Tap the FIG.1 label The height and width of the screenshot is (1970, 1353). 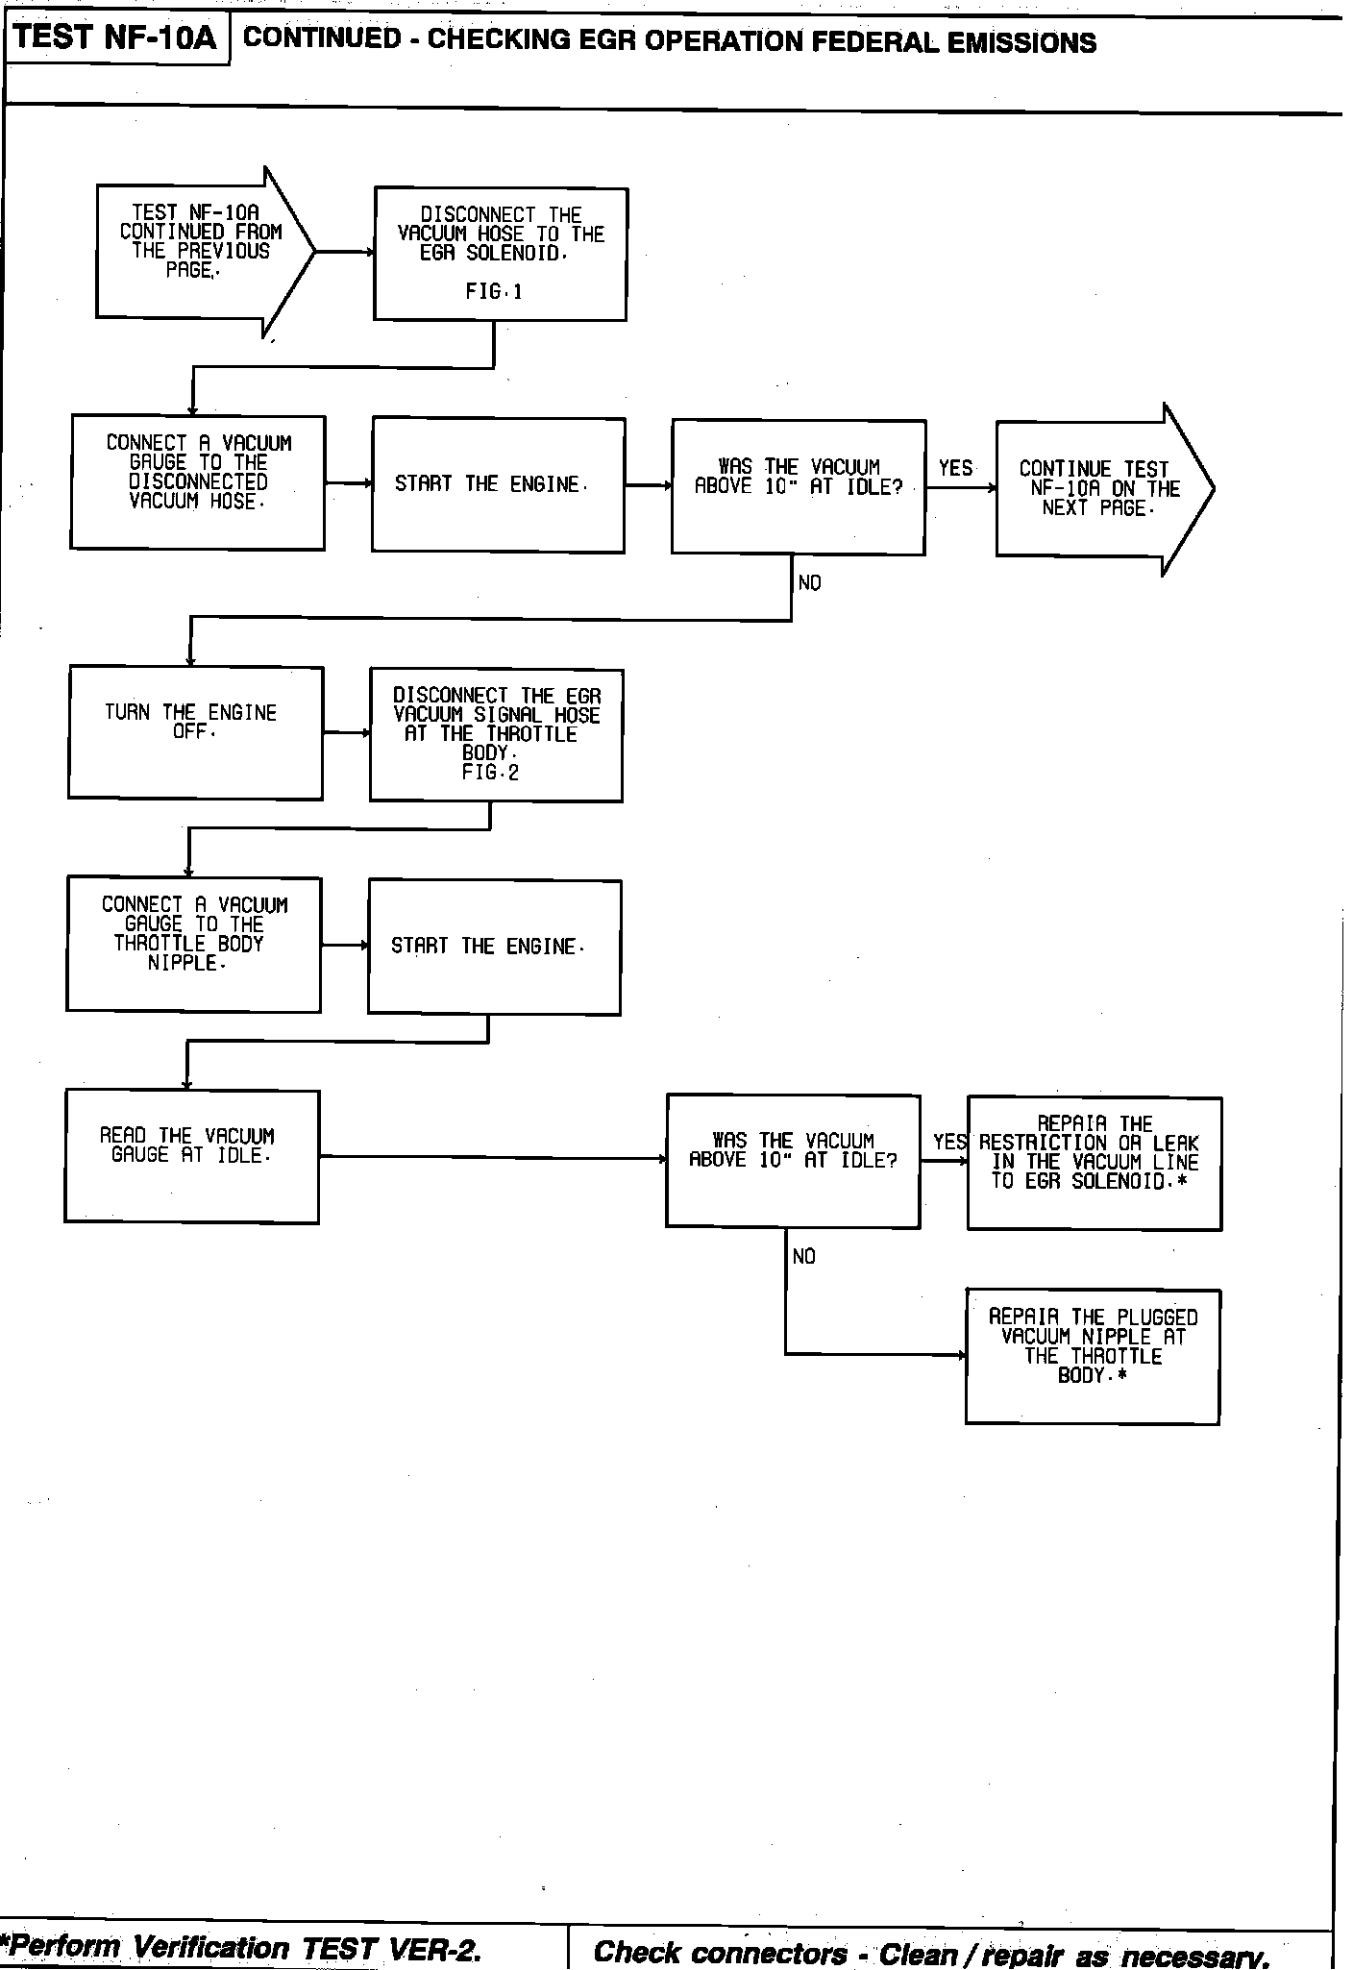(x=494, y=292)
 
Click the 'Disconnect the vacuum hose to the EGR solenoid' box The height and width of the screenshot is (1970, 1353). (x=500, y=254)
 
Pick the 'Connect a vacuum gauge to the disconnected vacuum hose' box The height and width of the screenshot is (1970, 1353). (x=198, y=482)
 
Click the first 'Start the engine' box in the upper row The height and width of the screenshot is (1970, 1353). (x=498, y=485)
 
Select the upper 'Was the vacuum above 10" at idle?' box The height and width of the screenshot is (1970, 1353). (x=798, y=487)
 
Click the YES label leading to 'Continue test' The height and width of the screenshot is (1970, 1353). (x=955, y=468)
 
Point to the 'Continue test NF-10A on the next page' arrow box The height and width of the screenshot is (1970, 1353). (x=1095, y=489)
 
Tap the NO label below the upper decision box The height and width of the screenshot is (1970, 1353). (x=809, y=583)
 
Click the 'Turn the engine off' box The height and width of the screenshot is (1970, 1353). (x=195, y=732)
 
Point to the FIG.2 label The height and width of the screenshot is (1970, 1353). (x=490, y=773)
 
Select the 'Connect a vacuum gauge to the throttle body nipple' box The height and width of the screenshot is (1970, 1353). (x=193, y=944)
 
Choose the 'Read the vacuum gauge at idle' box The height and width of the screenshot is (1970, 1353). (x=191, y=1156)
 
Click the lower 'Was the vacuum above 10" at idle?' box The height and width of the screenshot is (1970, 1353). (x=793, y=1160)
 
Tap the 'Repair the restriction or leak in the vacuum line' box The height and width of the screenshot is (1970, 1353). (x=1095, y=1163)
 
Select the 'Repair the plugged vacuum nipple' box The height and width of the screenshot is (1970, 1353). (x=1093, y=1356)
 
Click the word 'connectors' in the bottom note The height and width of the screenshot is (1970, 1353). (x=770, y=1953)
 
